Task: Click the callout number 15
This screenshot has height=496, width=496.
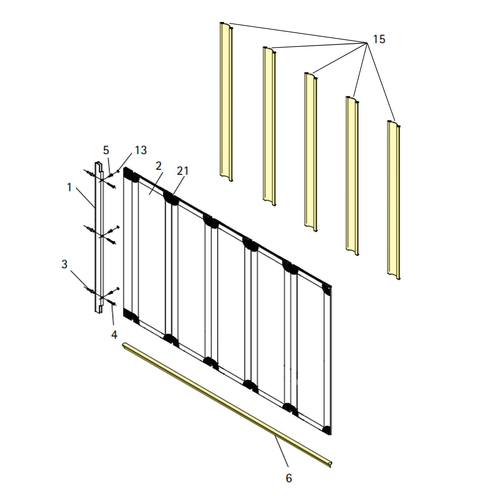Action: click(x=379, y=39)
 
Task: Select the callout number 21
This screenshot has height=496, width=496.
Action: click(x=183, y=171)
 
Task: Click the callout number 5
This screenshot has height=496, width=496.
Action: click(x=106, y=150)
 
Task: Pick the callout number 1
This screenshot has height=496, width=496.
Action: click(x=69, y=187)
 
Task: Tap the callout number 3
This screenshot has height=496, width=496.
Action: click(x=64, y=264)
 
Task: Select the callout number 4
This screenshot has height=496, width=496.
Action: click(x=114, y=334)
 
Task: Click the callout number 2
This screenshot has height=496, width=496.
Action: click(x=159, y=166)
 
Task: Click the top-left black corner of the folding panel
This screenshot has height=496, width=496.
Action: click(x=127, y=173)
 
